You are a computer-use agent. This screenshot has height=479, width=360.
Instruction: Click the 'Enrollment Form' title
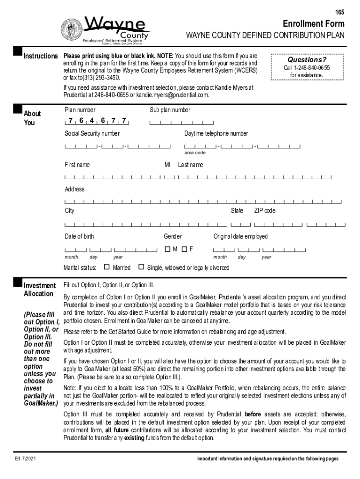tap(313, 24)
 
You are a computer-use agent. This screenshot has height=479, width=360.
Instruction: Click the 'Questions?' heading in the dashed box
tap(307, 60)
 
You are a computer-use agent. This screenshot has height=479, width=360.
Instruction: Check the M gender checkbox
tap(167, 249)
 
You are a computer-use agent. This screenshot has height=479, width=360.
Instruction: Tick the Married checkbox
tap(107, 267)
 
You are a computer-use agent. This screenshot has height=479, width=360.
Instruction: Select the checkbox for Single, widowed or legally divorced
tap(141, 267)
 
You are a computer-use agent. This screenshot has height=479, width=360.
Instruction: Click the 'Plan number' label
tap(80, 110)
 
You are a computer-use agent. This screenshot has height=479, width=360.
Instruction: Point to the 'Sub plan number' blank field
tap(181, 123)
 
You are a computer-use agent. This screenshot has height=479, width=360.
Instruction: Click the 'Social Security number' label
tap(92, 134)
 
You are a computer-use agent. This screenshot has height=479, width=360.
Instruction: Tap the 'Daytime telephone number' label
tap(216, 134)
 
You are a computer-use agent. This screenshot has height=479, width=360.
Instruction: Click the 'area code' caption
tap(194, 153)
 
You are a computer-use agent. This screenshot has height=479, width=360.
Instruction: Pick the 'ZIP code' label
tap(265, 211)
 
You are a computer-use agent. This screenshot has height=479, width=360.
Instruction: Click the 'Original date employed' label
tap(241, 237)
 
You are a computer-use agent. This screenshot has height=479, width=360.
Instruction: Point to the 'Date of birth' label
tap(79, 237)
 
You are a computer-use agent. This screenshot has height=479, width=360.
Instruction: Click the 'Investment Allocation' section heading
tap(39, 290)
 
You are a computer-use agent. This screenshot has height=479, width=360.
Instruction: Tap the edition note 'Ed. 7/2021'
tap(25, 459)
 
